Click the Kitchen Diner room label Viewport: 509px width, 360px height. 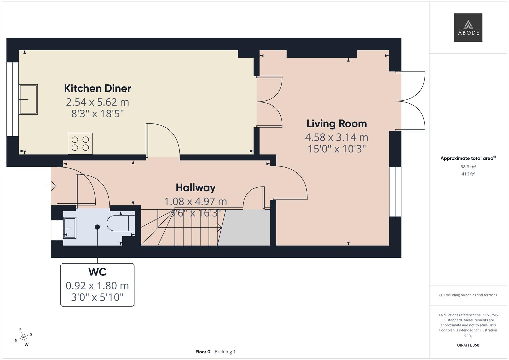(x=97, y=88)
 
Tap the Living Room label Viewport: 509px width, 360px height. (x=337, y=124)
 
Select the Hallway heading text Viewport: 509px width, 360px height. (x=196, y=188)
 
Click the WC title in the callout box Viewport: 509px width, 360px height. (x=97, y=272)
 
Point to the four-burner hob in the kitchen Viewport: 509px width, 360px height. (x=80, y=144)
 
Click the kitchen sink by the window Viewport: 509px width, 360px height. (x=28, y=99)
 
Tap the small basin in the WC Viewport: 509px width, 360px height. (x=70, y=228)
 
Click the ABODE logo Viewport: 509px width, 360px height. (x=468, y=27)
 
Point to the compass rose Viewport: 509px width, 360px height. (x=23, y=337)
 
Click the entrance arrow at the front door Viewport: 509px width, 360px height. (x=52, y=186)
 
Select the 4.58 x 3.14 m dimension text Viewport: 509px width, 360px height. (x=337, y=137)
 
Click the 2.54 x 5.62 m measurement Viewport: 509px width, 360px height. (x=97, y=102)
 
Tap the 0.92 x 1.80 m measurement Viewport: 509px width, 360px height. (x=97, y=286)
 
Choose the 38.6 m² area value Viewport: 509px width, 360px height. (x=468, y=167)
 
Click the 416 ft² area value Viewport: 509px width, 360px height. (x=468, y=174)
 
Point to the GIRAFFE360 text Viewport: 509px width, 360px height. (x=468, y=345)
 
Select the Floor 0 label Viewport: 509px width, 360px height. (x=203, y=352)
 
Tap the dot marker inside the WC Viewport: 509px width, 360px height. (x=97, y=227)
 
